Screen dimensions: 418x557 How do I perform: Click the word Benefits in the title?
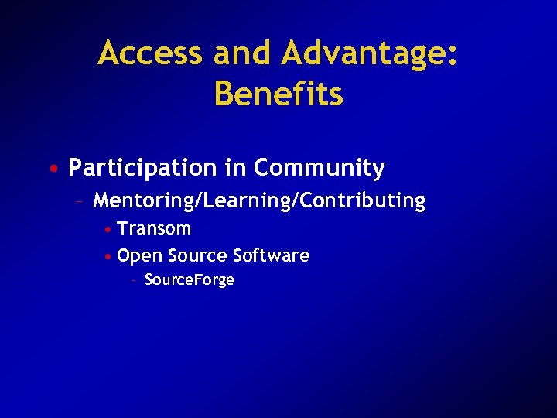coord(278,94)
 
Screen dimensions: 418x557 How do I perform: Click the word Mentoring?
coord(145,201)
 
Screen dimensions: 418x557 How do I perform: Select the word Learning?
coord(248,201)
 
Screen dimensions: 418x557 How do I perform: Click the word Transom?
coord(154,229)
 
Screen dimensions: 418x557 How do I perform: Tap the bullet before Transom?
coord(110,230)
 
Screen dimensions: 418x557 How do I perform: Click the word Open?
coord(139,256)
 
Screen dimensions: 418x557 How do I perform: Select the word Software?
coord(271,255)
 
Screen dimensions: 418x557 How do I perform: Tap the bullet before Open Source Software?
coord(110,256)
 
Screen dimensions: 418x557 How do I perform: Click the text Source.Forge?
coord(190,280)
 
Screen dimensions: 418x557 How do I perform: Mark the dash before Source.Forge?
coord(135,280)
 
